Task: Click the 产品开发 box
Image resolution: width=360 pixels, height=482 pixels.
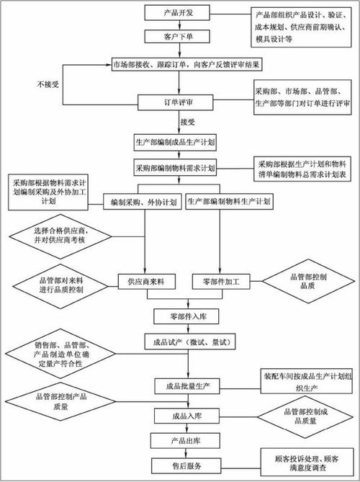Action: click(180, 13)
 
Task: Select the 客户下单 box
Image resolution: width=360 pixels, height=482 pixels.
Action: click(180, 35)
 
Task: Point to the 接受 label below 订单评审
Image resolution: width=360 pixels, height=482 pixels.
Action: click(188, 121)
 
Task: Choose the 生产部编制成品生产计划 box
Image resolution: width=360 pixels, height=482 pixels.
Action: click(180, 140)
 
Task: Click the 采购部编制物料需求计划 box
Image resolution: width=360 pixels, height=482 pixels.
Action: click(180, 167)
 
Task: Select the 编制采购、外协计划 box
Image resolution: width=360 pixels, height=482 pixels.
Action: click(142, 202)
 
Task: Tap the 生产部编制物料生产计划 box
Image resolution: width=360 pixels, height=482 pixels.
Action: click(229, 202)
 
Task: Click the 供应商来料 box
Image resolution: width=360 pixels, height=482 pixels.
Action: click(147, 280)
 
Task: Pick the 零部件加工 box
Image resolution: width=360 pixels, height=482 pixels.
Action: click(221, 280)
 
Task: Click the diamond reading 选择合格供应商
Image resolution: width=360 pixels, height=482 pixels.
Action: click(61, 234)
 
